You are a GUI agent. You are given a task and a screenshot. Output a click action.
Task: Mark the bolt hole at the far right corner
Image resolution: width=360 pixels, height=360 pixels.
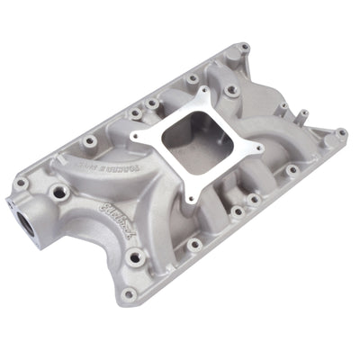tap(341, 133)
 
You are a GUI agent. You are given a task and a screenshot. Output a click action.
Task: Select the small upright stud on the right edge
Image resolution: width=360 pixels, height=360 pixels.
tap(304, 114)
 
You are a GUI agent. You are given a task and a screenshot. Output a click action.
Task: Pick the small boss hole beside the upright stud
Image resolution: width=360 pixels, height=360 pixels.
tap(284, 107)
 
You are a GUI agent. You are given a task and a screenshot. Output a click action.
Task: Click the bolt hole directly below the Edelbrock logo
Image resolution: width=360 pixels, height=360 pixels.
tap(135, 258)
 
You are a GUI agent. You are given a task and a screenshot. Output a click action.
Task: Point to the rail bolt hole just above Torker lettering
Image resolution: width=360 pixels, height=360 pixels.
tap(88, 142)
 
